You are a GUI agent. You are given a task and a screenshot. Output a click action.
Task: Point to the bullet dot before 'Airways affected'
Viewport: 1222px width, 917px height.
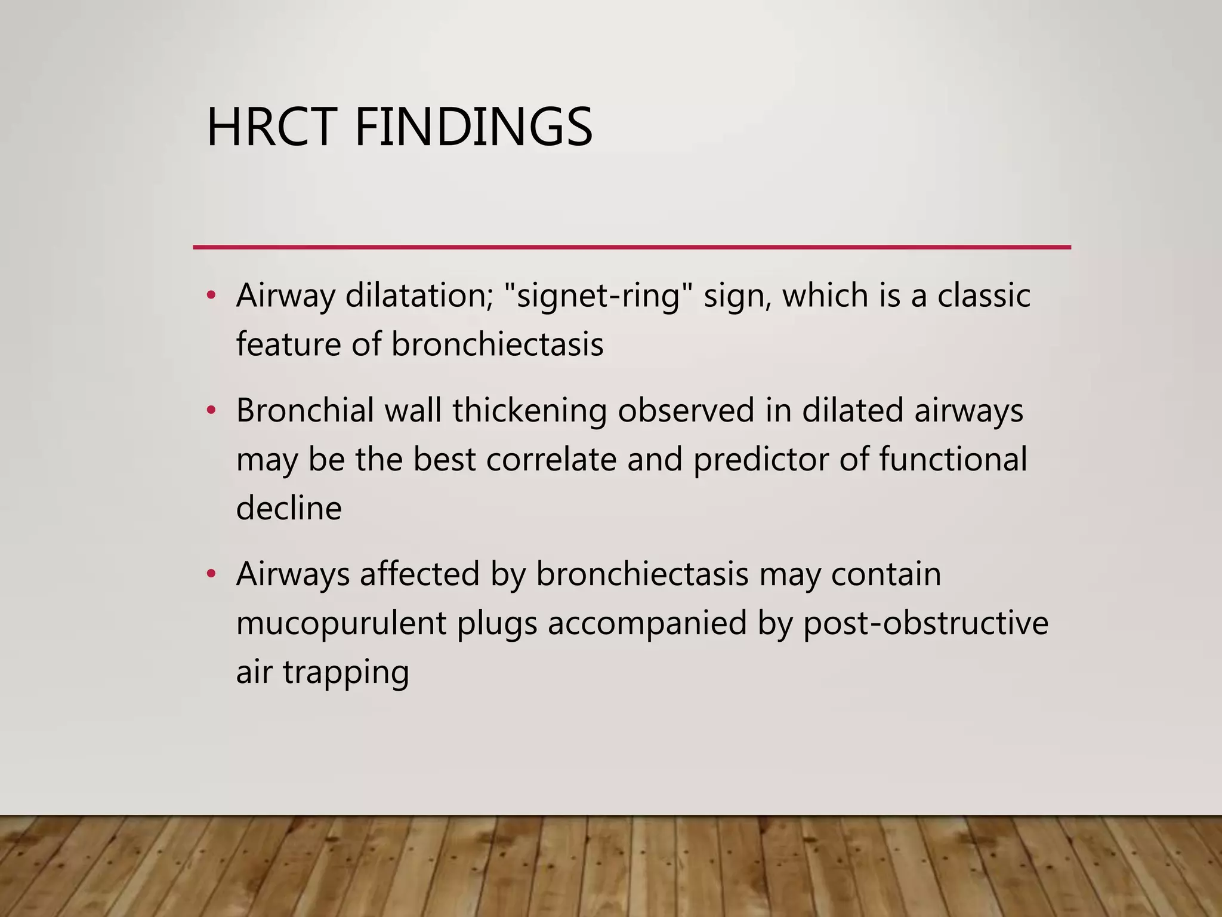210,574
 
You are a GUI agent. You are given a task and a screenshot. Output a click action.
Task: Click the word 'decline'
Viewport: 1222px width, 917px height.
289,508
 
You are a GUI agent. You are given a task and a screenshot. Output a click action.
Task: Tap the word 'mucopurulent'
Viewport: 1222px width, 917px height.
341,624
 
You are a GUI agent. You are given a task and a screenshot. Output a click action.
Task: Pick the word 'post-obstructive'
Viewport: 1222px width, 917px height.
925,624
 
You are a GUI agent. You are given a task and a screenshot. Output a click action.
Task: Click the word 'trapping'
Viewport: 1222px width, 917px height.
345,673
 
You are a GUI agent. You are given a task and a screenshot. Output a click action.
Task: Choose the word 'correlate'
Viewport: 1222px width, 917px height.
551,460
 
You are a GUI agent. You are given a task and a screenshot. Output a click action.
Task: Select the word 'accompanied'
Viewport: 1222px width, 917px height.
647,624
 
